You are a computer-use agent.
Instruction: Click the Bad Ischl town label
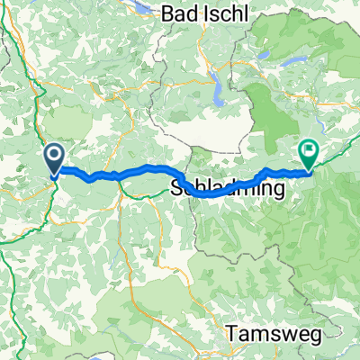coord(206,13)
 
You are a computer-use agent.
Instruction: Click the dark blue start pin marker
coord(54,160)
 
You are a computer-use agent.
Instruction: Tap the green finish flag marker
coord(309,154)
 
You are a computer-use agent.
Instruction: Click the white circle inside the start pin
coord(54,157)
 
